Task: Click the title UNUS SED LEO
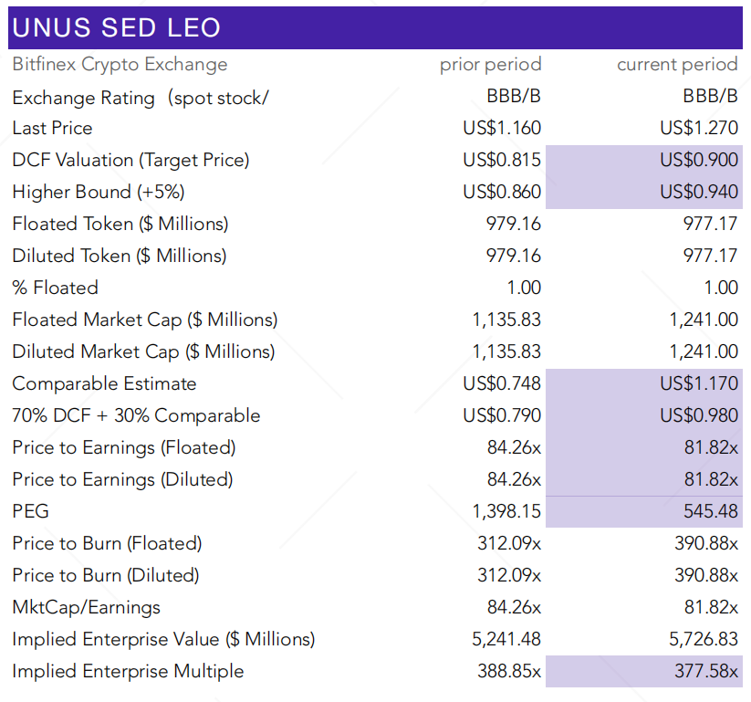(117, 27)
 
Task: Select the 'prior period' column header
(490, 65)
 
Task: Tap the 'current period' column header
(676, 65)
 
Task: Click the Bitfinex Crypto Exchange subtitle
(120, 65)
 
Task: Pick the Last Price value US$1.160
(501, 128)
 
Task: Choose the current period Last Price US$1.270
(698, 128)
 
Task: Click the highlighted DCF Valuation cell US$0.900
(698, 161)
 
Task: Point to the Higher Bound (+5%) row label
(110, 193)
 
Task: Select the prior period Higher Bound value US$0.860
(501, 193)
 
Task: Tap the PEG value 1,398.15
(506, 512)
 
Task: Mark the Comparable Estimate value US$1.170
(698, 384)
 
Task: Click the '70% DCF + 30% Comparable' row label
(136, 416)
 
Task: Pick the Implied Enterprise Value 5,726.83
(703, 640)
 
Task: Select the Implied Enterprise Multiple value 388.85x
(508, 672)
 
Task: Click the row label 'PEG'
(30, 512)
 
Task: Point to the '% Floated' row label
(55, 288)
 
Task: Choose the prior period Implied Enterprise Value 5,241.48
(506, 640)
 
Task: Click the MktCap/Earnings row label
(86, 608)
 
